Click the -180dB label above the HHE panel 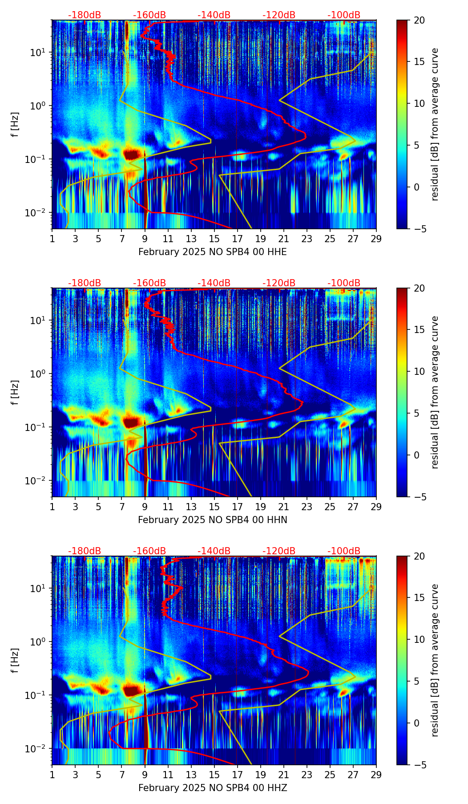pyautogui.click(x=85, y=15)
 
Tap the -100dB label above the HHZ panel pyautogui.click(x=344, y=551)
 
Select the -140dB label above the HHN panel pyautogui.click(x=214, y=283)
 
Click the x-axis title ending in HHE pyautogui.click(x=212, y=252)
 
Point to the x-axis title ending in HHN pyautogui.click(x=212, y=520)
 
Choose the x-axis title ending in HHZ pyautogui.click(x=212, y=788)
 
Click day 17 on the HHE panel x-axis pyautogui.click(x=238, y=239)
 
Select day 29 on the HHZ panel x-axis pyautogui.click(x=376, y=775)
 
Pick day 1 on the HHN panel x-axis pyautogui.click(x=52, y=507)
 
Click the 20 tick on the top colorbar pyautogui.click(x=419, y=20)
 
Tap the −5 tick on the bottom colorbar pyautogui.click(x=419, y=765)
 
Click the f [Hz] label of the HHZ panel pyautogui.click(x=16, y=661)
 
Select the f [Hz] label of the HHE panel pyautogui.click(x=16, y=125)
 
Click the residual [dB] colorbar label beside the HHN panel pyautogui.click(x=435, y=392)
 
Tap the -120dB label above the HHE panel pyautogui.click(x=279, y=15)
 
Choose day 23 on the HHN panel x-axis pyautogui.click(x=307, y=507)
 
